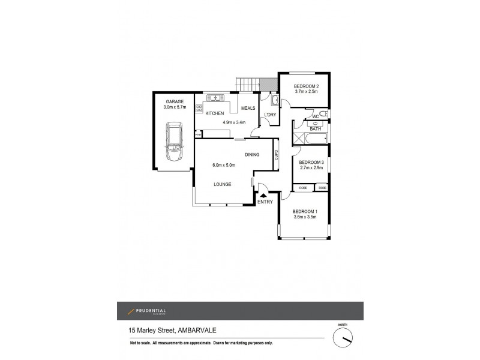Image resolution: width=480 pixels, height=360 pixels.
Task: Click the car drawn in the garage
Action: click(x=175, y=144)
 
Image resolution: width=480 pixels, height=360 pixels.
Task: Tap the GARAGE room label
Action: click(x=175, y=101)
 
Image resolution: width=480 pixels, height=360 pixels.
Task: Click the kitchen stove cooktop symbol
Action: click(x=198, y=109)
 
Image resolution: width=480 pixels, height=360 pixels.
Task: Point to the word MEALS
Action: click(x=248, y=108)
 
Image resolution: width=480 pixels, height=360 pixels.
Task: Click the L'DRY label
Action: click(x=270, y=115)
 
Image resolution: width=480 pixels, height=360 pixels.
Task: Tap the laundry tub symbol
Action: click(x=273, y=100)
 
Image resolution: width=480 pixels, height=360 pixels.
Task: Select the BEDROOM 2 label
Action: click(x=305, y=86)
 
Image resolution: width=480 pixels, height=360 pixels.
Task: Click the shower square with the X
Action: click(x=298, y=139)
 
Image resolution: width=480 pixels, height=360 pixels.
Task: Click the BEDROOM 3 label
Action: click(x=311, y=162)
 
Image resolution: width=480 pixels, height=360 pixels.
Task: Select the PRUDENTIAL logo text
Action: click(x=149, y=310)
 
